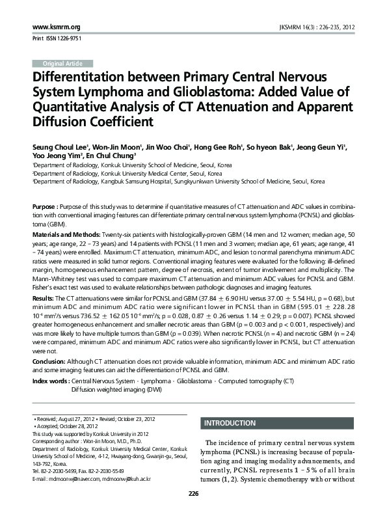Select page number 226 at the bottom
193,495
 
